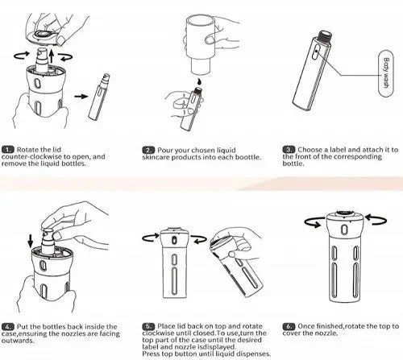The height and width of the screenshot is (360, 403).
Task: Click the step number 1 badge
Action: point(7,150)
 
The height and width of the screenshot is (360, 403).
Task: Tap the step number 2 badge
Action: point(148,150)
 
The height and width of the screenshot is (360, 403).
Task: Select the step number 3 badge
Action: point(289,150)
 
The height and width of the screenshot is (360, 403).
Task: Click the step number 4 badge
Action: point(7,327)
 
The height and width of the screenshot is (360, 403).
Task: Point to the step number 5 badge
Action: point(148,326)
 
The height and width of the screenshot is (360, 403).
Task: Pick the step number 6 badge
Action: point(289,326)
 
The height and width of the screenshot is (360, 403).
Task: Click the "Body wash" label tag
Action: point(385,73)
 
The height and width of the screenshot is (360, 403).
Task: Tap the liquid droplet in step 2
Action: point(198,81)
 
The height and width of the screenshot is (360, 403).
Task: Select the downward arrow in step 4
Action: point(31,241)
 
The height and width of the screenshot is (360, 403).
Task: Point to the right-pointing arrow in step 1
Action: point(81,96)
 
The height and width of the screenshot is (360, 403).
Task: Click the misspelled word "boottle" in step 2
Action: point(248,157)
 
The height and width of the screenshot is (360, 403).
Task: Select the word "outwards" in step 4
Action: point(18,341)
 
